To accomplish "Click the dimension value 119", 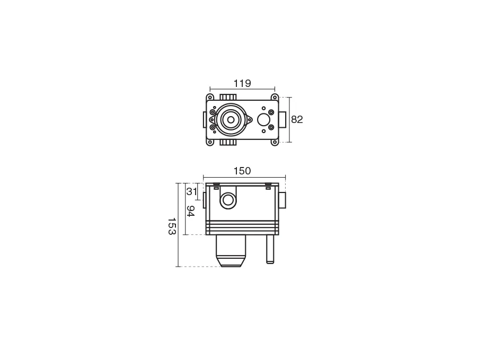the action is [x=242, y=83].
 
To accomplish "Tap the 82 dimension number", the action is [x=297, y=120].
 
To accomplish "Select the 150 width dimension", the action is [x=242, y=171].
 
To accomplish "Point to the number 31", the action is [x=192, y=191].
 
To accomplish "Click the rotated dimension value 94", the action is [x=190, y=211].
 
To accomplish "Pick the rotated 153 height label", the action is [x=172, y=226].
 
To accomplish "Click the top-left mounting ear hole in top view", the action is [x=210, y=98].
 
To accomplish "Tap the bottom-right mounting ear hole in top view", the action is [x=275, y=142].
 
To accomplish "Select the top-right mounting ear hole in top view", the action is [x=275, y=98].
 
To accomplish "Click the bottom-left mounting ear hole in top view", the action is [x=210, y=142].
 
